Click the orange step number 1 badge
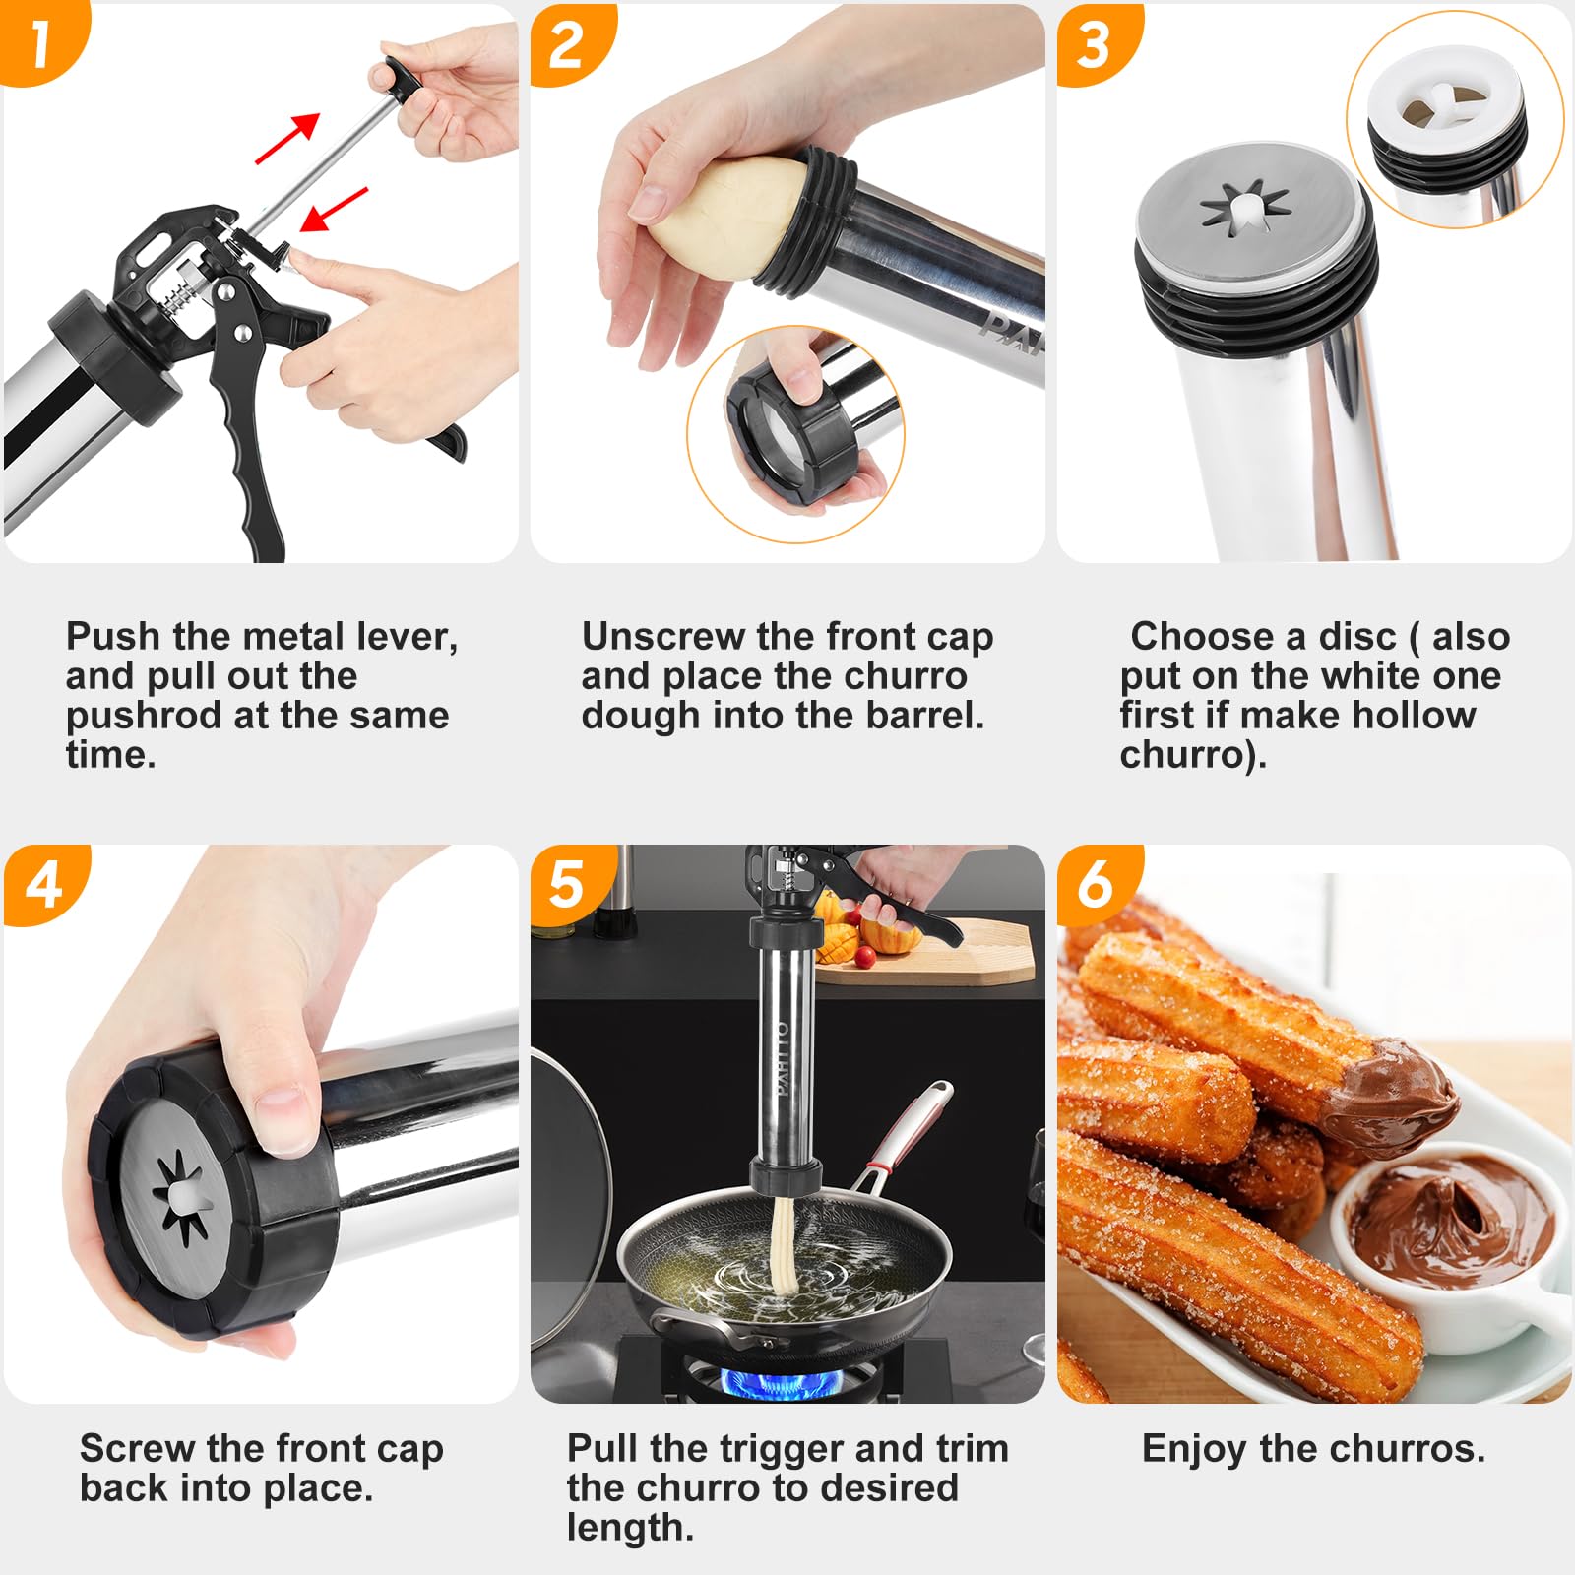[39, 41]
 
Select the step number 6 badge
[1095, 883]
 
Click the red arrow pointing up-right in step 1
[288, 138]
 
